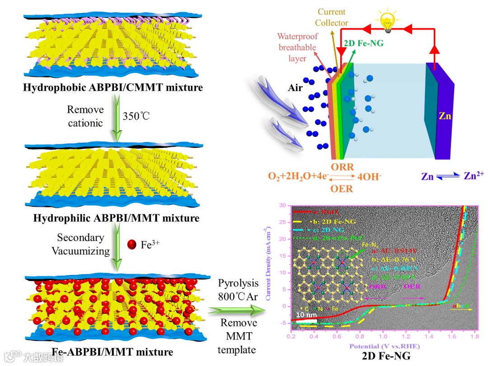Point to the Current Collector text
(x=332, y=17)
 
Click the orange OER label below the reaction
(x=342, y=188)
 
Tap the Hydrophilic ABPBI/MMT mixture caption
(x=116, y=218)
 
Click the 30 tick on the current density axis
(x=283, y=205)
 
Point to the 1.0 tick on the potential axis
(x=383, y=337)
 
